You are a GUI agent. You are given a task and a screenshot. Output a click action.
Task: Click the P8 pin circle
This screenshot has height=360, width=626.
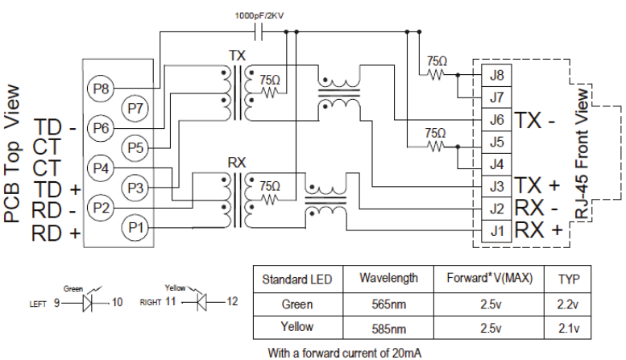click(x=101, y=88)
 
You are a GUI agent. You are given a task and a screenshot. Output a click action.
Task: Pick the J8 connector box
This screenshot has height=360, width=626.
click(x=495, y=77)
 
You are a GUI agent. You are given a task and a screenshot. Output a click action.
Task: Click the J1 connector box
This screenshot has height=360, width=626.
click(x=495, y=231)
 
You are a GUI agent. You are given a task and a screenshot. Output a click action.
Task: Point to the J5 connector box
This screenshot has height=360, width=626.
click(x=495, y=143)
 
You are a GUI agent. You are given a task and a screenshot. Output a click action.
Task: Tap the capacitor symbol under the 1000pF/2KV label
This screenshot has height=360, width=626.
click(x=259, y=32)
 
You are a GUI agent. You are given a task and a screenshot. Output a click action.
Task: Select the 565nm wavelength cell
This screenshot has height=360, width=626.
click(x=388, y=304)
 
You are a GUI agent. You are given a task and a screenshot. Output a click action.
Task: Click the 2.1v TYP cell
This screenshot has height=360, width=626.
click(x=569, y=328)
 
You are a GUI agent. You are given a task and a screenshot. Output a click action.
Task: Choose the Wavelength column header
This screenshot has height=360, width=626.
click(x=388, y=279)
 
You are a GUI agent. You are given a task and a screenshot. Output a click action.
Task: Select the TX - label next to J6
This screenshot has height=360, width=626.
click(x=537, y=121)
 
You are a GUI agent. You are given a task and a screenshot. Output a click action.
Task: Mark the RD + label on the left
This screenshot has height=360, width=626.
click(x=56, y=234)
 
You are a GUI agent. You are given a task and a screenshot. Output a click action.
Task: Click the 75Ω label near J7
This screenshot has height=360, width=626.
click(x=436, y=60)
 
